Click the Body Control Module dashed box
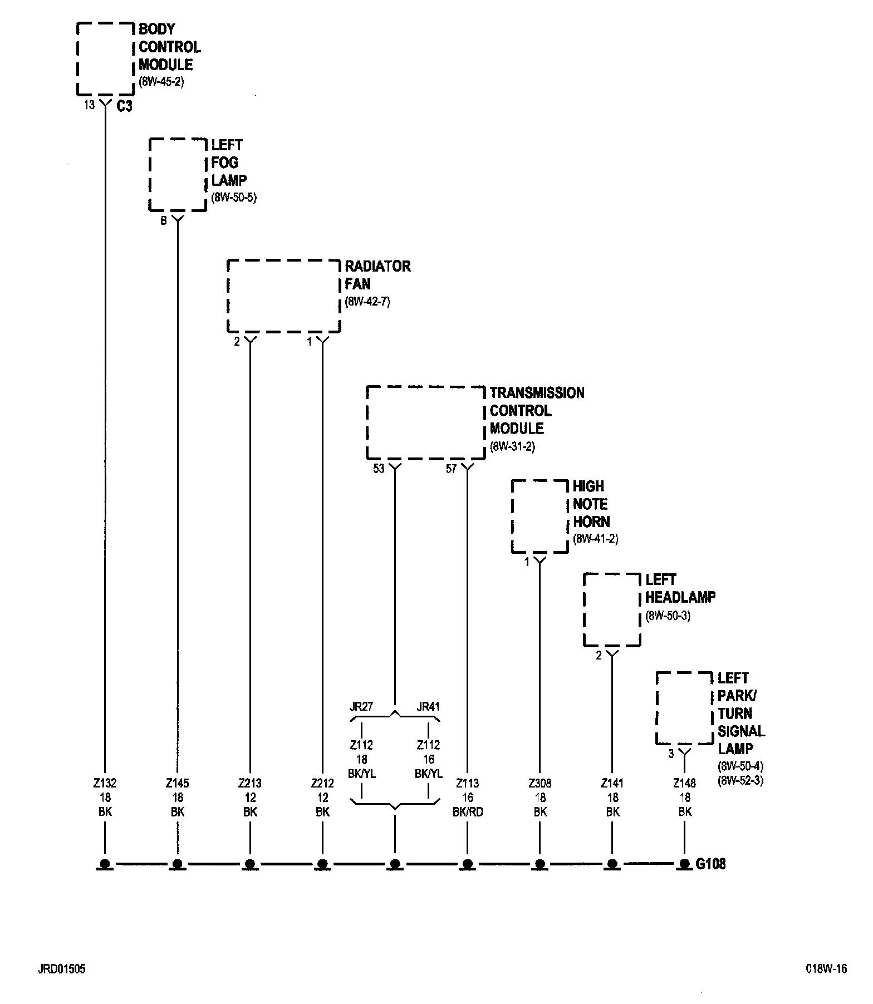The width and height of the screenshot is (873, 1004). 105,59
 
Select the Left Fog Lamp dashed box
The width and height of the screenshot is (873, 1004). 178,175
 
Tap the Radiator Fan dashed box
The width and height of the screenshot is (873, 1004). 283,296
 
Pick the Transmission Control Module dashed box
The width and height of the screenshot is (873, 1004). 425,422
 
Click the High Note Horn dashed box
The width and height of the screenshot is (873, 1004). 540,516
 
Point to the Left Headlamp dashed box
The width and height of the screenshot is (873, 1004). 612,610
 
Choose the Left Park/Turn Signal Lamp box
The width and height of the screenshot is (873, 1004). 684,708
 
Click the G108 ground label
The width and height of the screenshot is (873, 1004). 711,864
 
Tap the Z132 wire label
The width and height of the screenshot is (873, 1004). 105,783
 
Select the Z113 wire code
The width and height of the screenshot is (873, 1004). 468,783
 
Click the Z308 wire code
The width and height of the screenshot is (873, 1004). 540,783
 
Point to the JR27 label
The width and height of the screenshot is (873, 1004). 361,707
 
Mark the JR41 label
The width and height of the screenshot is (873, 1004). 428,707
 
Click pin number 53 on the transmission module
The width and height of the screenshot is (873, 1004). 379,469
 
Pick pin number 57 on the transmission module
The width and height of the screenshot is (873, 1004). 451,469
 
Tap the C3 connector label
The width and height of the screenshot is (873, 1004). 125,106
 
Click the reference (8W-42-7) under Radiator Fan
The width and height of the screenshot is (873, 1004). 367,303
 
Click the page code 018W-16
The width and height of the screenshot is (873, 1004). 826,969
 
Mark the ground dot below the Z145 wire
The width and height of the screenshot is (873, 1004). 178,864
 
